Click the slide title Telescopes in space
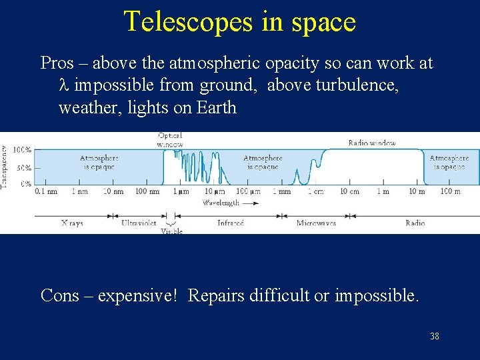(x=240, y=21)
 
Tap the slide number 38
(x=434, y=336)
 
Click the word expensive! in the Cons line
(x=138, y=295)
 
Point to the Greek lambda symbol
(x=64, y=86)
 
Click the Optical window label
(x=170, y=139)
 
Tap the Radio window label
(x=371, y=143)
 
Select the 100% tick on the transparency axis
(x=23, y=149)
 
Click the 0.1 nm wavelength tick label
(x=45, y=192)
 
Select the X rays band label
(x=71, y=223)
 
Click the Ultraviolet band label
(x=139, y=223)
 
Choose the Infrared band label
(x=231, y=223)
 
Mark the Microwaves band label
(x=316, y=223)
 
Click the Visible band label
(x=171, y=231)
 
